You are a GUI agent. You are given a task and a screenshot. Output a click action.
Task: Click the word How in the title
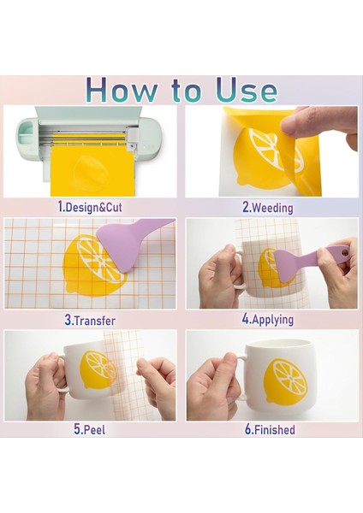click(x=122, y=90)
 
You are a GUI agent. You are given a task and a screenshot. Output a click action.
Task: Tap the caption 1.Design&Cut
click(x=89, y=208)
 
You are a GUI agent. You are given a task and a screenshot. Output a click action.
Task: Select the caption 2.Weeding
click(x=268, y=208)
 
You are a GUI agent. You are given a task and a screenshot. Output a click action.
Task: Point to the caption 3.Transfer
click(x=90, y=321)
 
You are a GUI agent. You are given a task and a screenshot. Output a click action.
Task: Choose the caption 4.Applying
click(x=268, y=319)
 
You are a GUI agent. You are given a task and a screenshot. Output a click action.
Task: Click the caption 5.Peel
click(x=89, y=429)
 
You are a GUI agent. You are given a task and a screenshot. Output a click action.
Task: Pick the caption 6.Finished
click(x=270, y=429)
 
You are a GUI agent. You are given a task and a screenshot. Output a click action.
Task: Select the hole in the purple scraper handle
click(x=343, y=252)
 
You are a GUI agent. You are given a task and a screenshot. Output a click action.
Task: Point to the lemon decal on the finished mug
click(x=286, y=380)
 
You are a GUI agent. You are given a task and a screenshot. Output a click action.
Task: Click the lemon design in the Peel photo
click(x=98, y=369)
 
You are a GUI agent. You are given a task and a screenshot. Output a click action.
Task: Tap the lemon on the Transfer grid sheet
click(x=93, y=265)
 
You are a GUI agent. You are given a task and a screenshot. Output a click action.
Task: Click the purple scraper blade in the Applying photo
click(x=284, y=264)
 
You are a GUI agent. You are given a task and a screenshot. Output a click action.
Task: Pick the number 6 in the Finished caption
click(x=248, y=429)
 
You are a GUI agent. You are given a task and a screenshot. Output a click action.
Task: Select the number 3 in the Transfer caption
click(x=68, y=321)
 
